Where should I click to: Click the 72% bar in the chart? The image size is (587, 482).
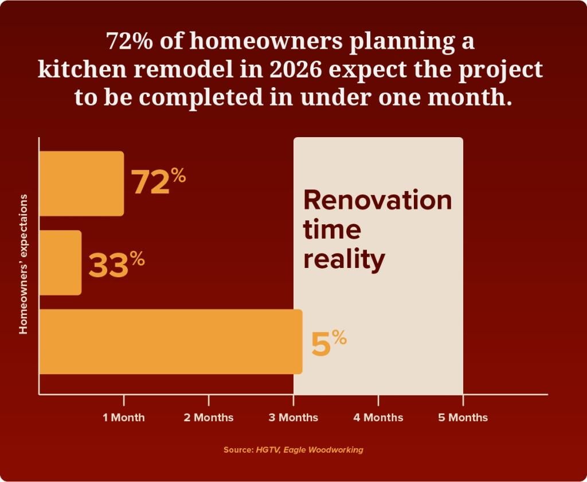pyautogui.click(x=81, y=184)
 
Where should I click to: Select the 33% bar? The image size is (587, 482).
pyautogui.click(x=60, y=263)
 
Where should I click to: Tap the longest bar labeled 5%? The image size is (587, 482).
pyautogui.click(x=170, y=341)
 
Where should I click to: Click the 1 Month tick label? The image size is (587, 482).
pyautogui.click(x=124, y=417)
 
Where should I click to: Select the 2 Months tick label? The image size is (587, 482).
pyautogui.click(x=209, y=417)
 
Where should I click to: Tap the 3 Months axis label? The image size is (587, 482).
pyautogui.click(x=293, y=417)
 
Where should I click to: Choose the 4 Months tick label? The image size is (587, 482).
pyautogui.click(x=378, y=417)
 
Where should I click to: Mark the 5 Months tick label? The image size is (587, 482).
pyautogui.click(x=463, y=417)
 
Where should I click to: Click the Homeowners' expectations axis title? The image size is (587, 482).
pyautogui.click(x=24, y=264)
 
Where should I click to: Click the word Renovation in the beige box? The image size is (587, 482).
pyautogui.click(x=377, y=200)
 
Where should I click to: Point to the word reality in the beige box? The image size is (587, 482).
pyautogui.click(x=344, y=260)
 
